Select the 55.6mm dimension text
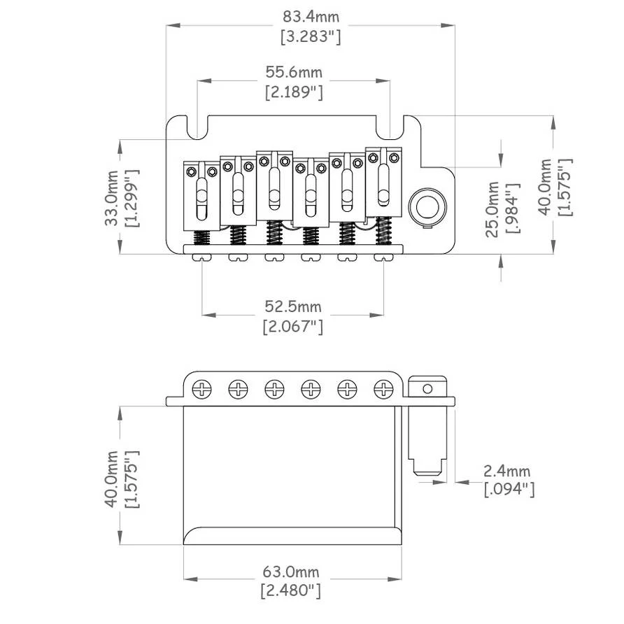tap(294, 71)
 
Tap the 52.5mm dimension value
tap(293, 306)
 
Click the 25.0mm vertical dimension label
tap(493, 208)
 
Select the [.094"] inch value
tap(509, 490)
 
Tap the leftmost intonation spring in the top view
tap(201, 237)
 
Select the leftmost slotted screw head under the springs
tap(201, 258)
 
